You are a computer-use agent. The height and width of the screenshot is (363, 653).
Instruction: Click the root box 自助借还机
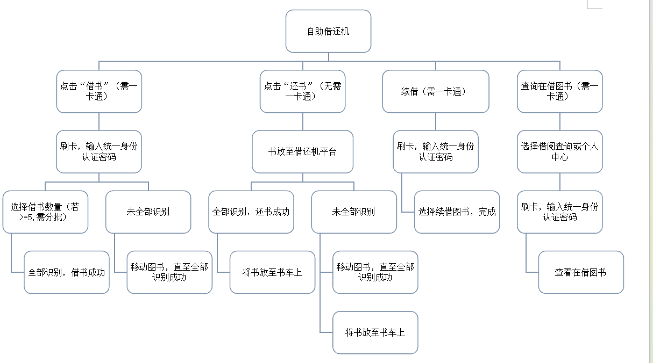pos(328,31)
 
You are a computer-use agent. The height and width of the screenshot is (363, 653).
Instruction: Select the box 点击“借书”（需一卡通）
pos(99,91)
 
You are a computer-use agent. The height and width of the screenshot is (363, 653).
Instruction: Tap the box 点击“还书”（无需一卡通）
pos(303,91)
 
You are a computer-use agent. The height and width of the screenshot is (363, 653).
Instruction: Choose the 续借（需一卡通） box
pos(436,91)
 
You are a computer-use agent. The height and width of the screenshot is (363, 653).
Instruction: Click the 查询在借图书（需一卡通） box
pos(560,91)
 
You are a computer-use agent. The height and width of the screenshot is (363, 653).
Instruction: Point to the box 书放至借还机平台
pos(303,151)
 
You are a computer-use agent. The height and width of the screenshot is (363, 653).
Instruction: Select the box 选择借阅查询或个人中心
pos(560,151)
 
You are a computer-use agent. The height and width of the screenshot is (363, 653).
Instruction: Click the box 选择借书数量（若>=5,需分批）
pos(45,212)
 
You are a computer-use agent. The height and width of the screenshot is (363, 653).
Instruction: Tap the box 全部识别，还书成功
pos(251,212)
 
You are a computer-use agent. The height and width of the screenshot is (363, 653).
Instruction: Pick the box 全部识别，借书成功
pos(67,272)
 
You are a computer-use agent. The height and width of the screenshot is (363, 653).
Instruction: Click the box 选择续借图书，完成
pos(457,212)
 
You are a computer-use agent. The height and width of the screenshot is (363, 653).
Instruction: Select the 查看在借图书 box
pos(581,272)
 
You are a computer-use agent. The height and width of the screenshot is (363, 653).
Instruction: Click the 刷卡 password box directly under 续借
pos(436,151)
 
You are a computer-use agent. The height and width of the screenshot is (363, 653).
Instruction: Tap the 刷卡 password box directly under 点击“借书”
pos(99,151)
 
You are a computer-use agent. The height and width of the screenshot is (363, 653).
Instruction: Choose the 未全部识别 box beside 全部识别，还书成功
pos(354,212)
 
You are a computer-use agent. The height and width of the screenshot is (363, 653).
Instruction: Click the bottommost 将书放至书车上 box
pos(375,332)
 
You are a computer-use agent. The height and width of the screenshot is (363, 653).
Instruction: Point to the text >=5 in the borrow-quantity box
pos(27,217)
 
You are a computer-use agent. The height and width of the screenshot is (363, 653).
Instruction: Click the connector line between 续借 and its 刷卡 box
pos(436,122)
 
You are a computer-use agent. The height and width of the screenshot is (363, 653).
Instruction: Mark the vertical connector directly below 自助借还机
pos(329,57)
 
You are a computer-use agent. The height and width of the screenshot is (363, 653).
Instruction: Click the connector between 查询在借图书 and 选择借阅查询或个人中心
pos(560,122)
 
